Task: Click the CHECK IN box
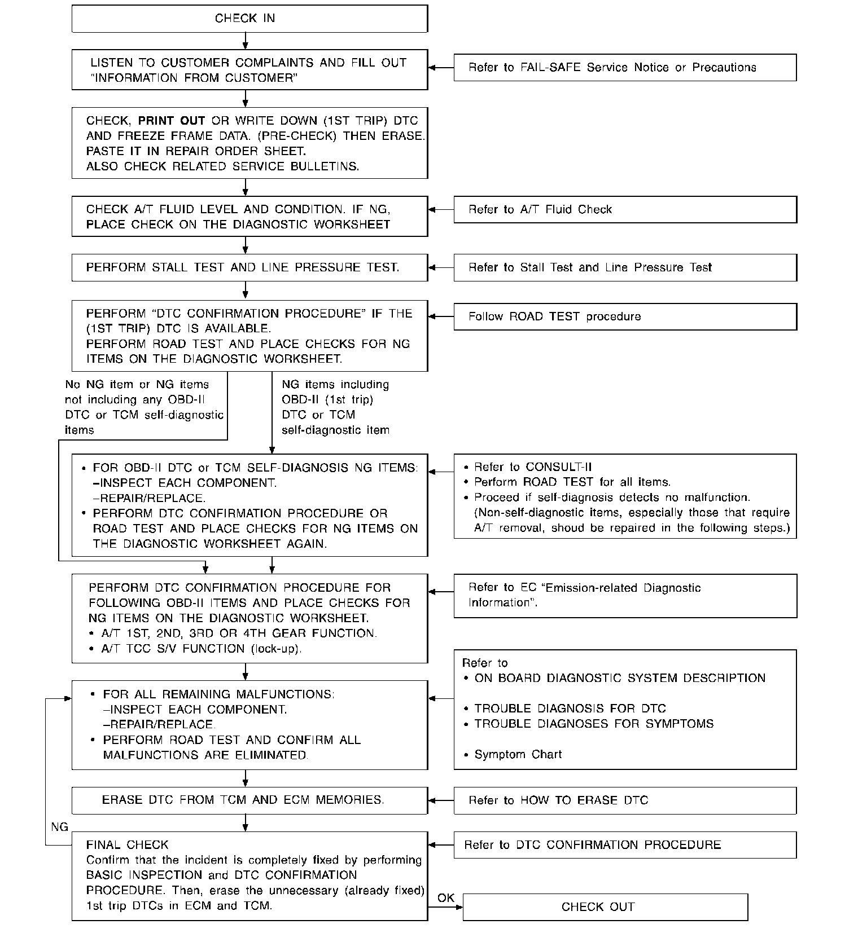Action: click(249, 19)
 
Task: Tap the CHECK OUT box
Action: click(605, 907)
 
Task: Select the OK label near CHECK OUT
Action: click(445, 898)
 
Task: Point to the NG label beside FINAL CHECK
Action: click(59, 827)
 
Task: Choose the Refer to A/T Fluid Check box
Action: click(625, 210)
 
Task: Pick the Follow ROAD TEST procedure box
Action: click(625, 317)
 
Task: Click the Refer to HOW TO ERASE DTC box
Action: click(625, 800)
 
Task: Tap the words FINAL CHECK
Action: click(128, 845)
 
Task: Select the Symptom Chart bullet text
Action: click(518, 755)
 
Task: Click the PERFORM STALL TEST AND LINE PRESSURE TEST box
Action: click(249, 267)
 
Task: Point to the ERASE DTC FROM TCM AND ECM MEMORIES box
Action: click(249, 800)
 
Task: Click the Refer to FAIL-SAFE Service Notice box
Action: click(625, 68)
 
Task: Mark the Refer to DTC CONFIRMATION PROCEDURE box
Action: click(625, 845)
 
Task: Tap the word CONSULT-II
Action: click(559, 467)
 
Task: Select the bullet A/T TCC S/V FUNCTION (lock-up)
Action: click(202, 649)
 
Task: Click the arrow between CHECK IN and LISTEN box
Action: click(245, 41)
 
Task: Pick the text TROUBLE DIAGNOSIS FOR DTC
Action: click(570, 709)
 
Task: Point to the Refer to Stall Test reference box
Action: click(625, 267)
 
